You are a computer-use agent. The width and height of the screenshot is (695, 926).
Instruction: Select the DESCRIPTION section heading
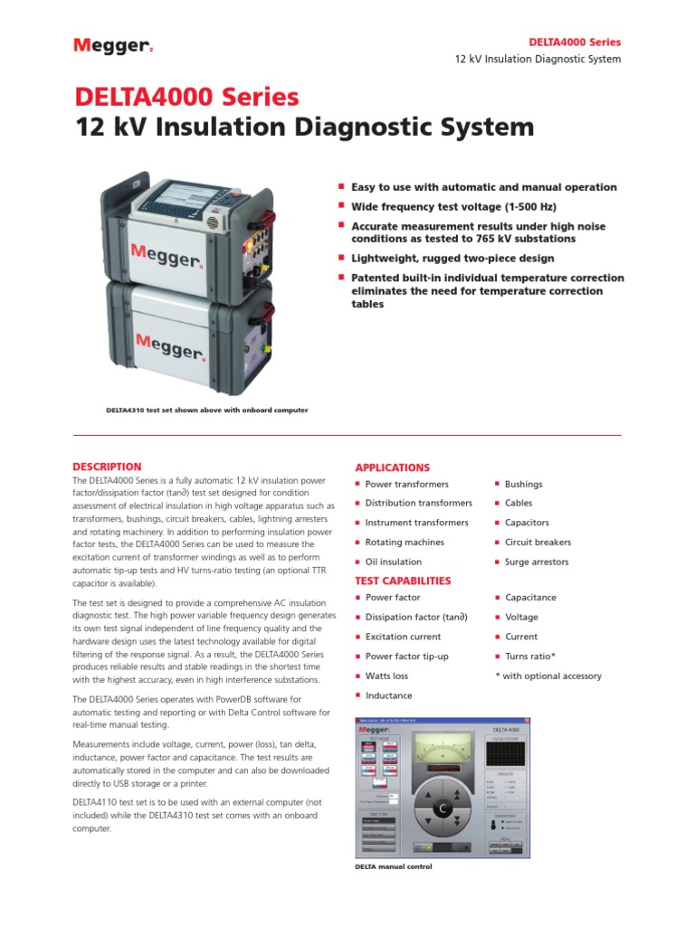[x=107, y=467]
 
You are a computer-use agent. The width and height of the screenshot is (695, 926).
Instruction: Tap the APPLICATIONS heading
[x=392, y=468]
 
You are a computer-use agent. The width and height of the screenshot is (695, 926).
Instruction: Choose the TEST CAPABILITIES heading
[x=403, y=581]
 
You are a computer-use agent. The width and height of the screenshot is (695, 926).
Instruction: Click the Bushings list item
[x=523, y=485]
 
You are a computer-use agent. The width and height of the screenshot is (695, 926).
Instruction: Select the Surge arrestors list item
[x=536, y=562]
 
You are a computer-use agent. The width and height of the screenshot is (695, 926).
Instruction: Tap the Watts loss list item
[x=386, y=676]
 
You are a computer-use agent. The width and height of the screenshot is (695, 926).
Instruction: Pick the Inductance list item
[x=388, y=695]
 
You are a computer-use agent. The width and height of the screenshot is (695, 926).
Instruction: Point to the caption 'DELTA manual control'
[x=393, y=866]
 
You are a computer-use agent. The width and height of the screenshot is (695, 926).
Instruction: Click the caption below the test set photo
[x=207, y=410]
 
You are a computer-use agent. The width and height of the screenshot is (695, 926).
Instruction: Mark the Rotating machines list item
[x=404, y=543]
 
